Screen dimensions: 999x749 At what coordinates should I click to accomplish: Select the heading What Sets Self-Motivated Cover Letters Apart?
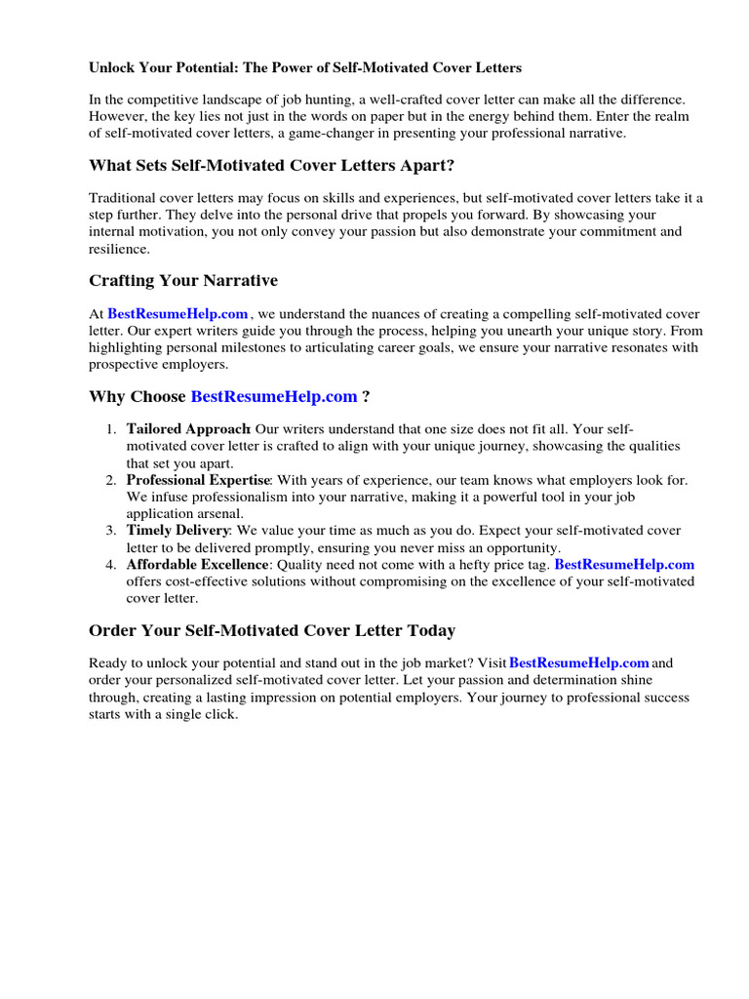coord(272,165)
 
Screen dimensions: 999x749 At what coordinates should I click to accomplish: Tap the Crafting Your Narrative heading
coord(183,281)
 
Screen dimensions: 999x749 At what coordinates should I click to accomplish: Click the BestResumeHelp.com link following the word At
coord(177,314)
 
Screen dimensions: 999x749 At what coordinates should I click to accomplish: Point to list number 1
coord(110,429)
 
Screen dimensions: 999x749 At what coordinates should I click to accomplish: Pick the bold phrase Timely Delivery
coord(177,531)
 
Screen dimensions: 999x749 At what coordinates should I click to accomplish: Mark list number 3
coord(110,531)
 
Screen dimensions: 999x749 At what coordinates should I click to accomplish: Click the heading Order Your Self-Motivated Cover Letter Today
coord(272,630)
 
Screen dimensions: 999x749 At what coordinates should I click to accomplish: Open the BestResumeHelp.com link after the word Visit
coord(579,663)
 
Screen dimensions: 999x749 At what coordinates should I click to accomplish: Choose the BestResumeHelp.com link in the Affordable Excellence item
coord(624,565)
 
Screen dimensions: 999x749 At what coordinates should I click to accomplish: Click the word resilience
coord(119,249)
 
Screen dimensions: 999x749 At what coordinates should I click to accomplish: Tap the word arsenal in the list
coord(217,513)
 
